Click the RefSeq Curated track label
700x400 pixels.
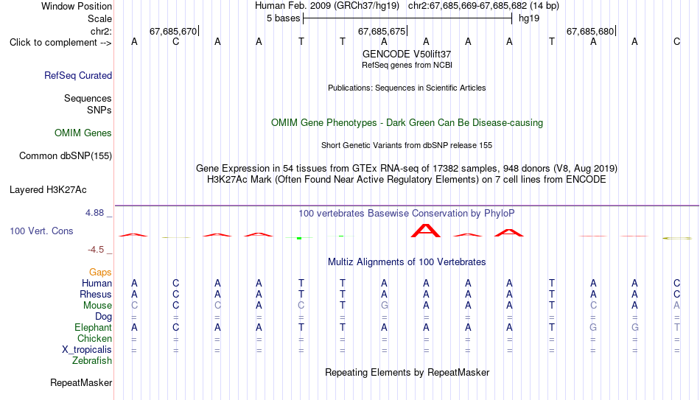[x=77, y=75]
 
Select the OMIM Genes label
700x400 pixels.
[x=83, y=133]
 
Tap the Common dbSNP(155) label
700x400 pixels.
[x=65, y=156]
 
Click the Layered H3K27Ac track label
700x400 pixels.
[x=48, y=190]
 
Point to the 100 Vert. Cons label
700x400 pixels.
[x=41, y=231]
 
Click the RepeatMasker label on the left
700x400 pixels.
[x=81, y=382]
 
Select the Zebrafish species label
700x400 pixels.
[x=92, y=361]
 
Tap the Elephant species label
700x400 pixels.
[x=93, y=328]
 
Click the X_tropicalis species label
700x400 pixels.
[x=87, y=350]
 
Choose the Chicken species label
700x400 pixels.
[x=94, y=339]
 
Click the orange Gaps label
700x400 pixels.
[x=100, y=273]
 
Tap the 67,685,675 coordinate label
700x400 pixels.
[x=382, y=31]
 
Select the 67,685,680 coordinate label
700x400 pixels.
[x=590, y=31]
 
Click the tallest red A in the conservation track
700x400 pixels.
[x=425, y=231]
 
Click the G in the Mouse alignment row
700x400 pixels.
[x=385, y=306]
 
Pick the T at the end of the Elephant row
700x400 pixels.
[x=676, y=328]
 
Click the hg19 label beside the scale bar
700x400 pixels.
[x=529, y=18]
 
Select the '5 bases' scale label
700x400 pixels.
[x=284, y=18]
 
